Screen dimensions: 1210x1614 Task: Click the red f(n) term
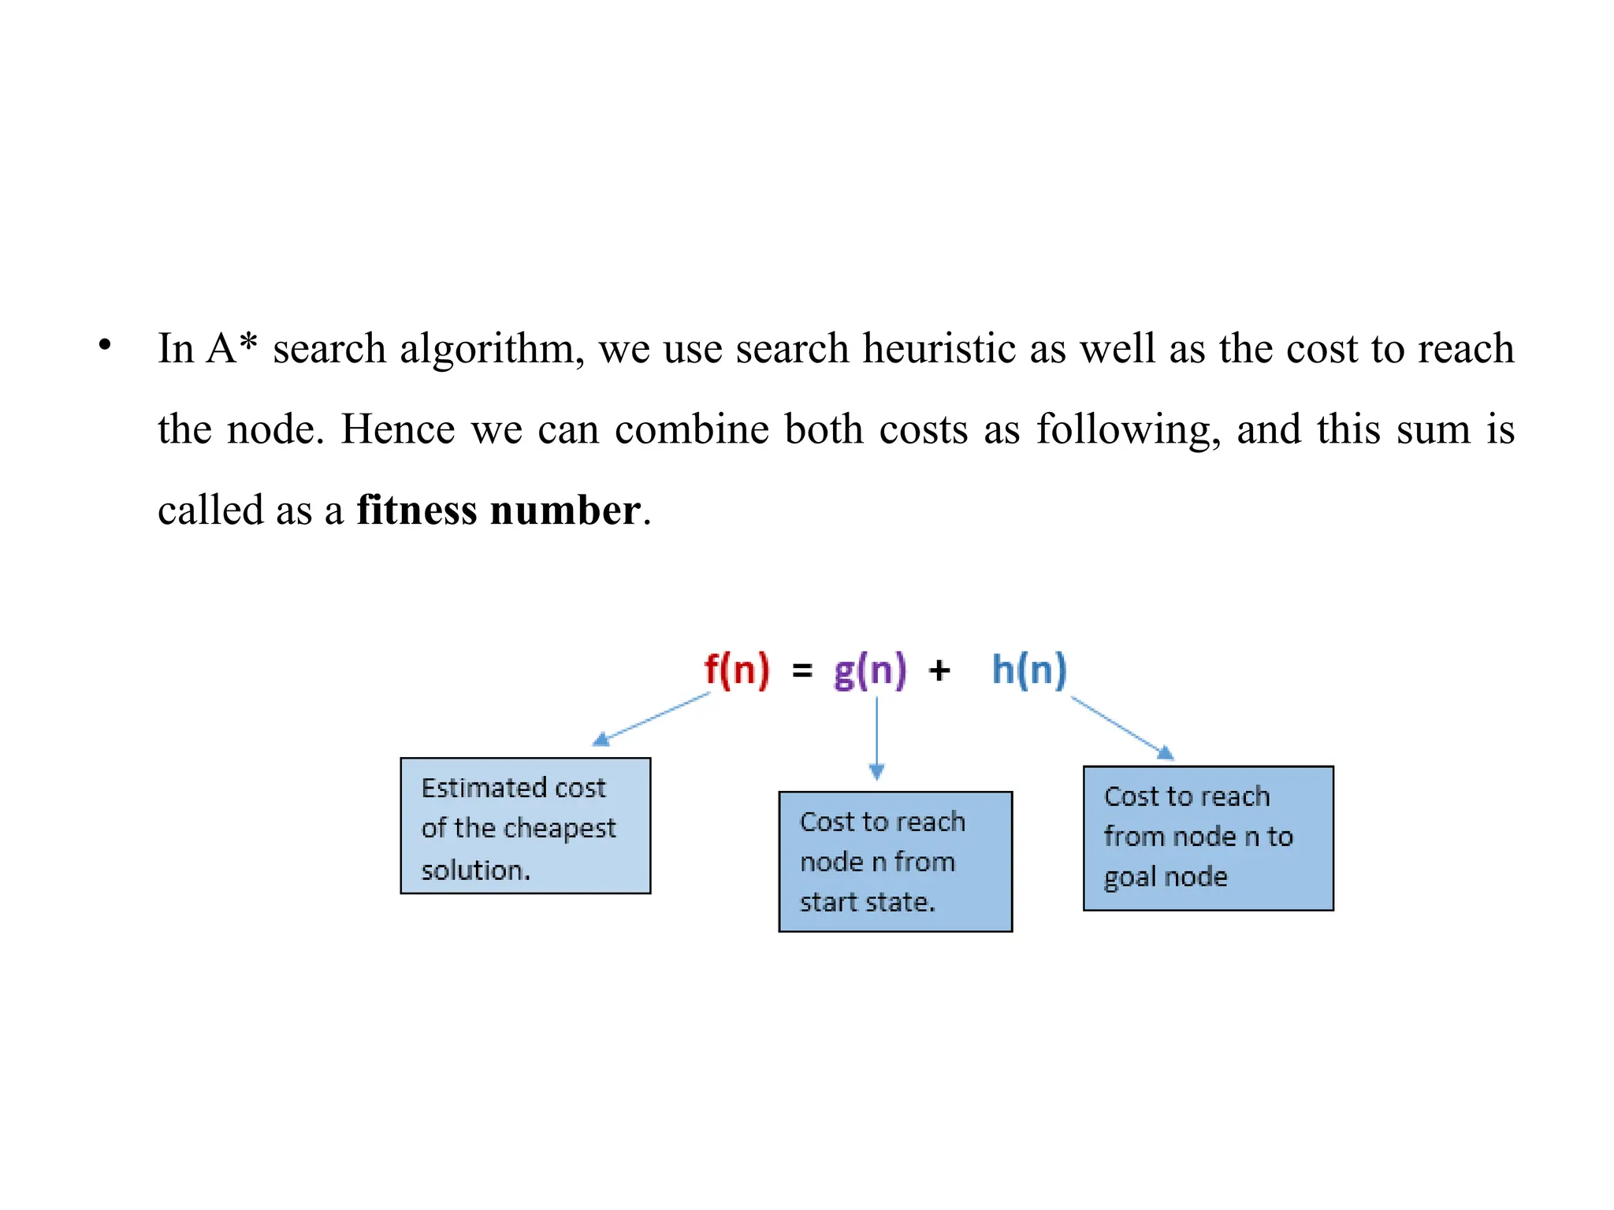tap(736, 670)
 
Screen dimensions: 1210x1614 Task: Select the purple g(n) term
tap(870, 670)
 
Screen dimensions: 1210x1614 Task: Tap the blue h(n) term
tap(1028, 670)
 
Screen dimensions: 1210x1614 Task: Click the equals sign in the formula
tap(801, 671)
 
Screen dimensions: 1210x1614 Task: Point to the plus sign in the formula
tap(939, 671)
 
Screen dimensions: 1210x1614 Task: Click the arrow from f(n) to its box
tap(651, 718)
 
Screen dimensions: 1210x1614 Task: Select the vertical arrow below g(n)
tap(876, 737)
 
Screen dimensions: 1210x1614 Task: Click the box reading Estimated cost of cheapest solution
tap(526, 826)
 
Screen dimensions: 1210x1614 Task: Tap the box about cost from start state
tap(895, 861)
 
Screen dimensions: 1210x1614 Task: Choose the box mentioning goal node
tap(1208, 838)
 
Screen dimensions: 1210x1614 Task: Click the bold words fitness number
tap(498, 510)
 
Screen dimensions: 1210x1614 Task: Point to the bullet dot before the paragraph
tap(105, 345)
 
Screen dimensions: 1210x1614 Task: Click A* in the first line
tap(231, 347)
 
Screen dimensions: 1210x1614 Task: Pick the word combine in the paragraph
tap(691, 429)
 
